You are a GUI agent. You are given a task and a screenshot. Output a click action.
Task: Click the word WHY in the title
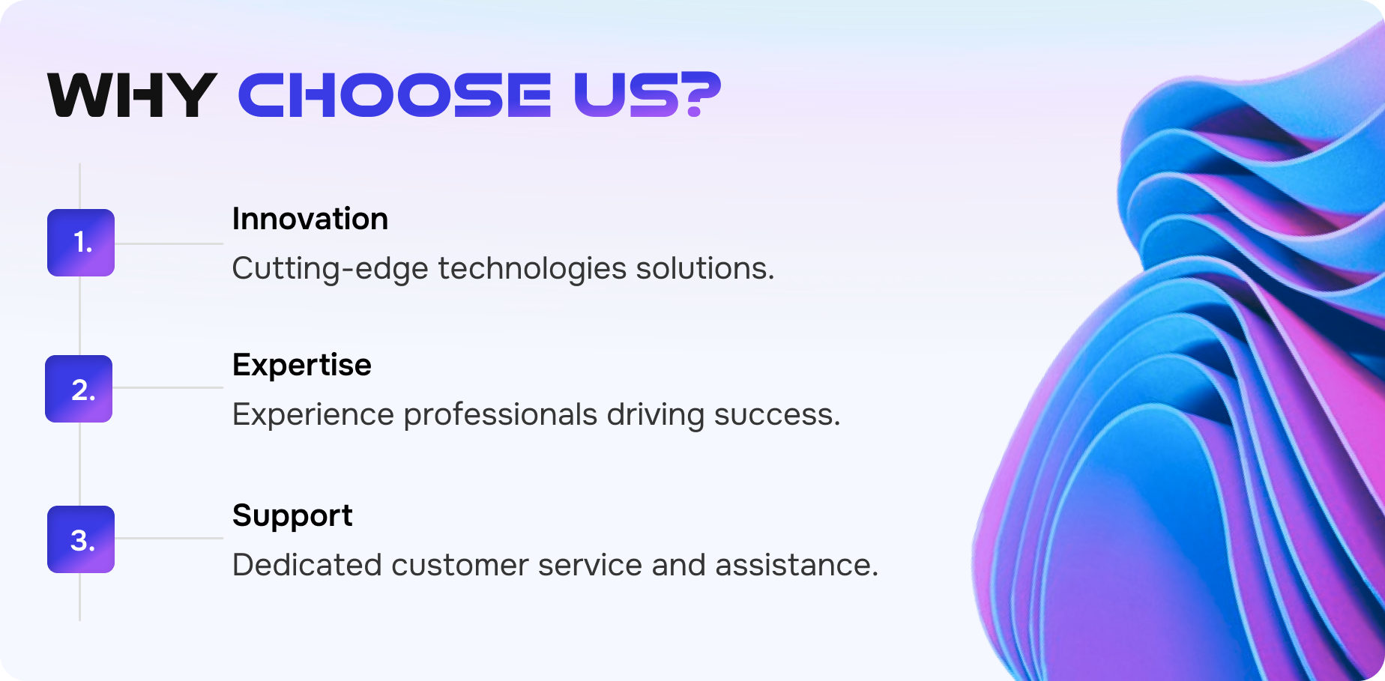click(132, 95)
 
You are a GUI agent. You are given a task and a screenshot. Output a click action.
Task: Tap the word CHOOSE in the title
click(394, 95)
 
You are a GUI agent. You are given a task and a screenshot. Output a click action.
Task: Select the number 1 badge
click(81, 243)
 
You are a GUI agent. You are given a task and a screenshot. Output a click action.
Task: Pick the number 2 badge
click(79, 389)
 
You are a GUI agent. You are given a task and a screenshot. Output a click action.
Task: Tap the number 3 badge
click(81, 539)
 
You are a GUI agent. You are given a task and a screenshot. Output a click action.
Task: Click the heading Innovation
click(310, 219)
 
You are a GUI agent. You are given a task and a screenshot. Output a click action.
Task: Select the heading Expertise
click(301, 365)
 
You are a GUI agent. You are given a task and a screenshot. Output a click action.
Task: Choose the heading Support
click(292, 516)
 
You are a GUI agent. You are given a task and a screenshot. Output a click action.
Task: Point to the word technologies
click(532, 268)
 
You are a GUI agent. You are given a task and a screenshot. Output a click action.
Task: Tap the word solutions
click(704, 268)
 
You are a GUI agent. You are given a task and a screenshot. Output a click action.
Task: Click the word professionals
click(500, 415)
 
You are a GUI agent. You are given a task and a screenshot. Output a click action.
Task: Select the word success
click(776, 415)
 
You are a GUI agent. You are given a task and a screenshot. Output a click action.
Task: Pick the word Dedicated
click(307, 565)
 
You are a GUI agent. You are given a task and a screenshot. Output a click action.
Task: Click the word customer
click(459, 565)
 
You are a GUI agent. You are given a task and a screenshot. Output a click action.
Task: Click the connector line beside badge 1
click(169, 243)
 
